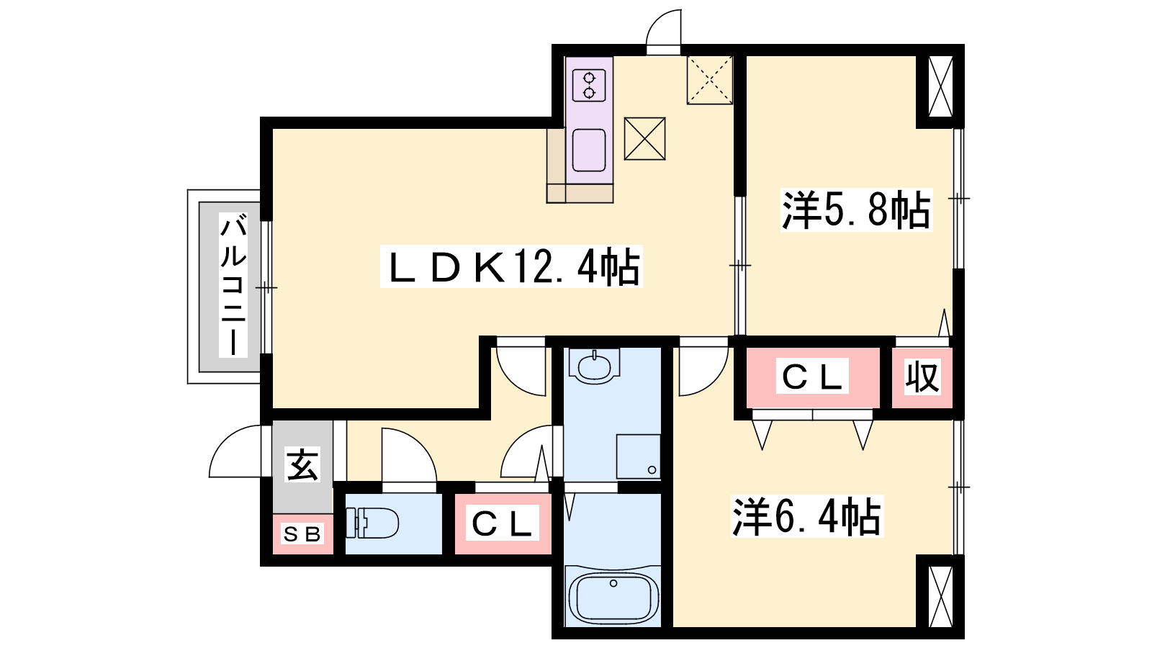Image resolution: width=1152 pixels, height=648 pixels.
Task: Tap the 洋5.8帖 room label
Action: point(856,210)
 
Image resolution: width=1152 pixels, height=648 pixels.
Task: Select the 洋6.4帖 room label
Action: point(807,516)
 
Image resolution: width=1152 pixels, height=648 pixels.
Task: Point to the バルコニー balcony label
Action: point(233,285)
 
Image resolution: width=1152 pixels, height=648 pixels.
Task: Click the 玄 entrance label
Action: point(303,464)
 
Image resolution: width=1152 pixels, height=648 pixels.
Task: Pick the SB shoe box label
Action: point(302,534)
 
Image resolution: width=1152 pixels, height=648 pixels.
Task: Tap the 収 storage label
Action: point(922,377)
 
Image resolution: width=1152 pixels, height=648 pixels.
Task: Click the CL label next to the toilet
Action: point(502,523)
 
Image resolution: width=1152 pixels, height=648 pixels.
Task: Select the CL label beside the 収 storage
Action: point(813,377)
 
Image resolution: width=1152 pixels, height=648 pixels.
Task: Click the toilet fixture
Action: point(372,523)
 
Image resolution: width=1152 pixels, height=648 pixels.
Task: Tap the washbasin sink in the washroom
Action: point(595,366)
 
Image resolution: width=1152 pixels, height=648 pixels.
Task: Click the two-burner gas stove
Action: point(590,86)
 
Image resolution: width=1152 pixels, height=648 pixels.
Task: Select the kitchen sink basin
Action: point(589,150)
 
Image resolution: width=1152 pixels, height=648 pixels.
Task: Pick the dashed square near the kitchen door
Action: point(710,80)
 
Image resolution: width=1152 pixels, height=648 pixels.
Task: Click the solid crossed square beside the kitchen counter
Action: point(645,139)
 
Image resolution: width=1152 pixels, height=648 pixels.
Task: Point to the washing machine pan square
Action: point(638,456)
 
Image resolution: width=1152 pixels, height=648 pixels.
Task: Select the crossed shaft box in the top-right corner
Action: point(940,86)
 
